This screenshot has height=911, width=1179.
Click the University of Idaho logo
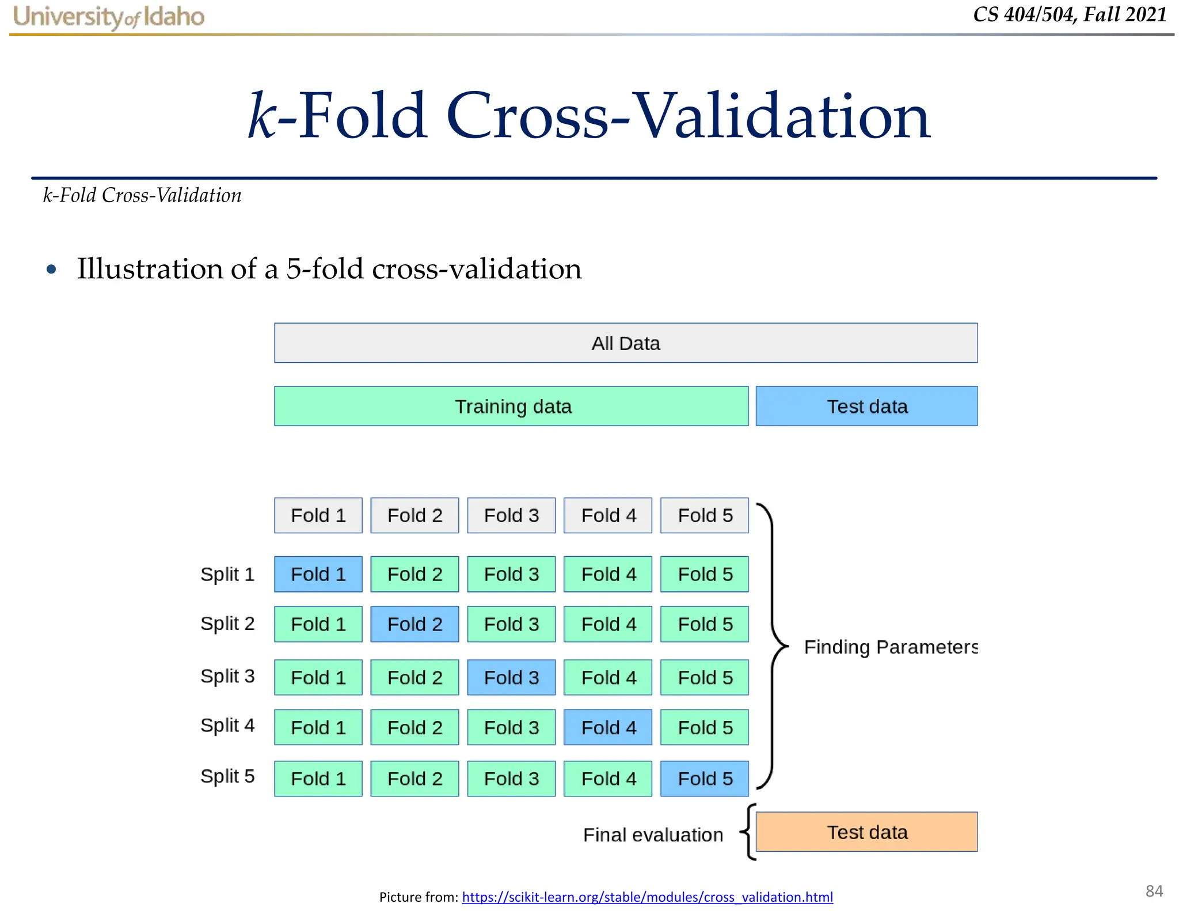pyautogui.click(x=109, y=17)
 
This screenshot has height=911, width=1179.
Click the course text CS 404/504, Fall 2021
pyautogui.click(x=1070, y=15)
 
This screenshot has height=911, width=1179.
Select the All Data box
pyautogui.click(x=625, y=343)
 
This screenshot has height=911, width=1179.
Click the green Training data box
pyautogui.click(x=511, y=407)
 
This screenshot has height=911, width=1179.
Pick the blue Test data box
pyautogui.click(x=866, y=407)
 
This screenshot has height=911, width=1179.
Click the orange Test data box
pyautogui.click(x=866, y=832)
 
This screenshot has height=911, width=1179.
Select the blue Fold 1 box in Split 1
pyautogui.click(x=318, y=574)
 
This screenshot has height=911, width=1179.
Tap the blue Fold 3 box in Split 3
pyautogui.click(x=511, y=677)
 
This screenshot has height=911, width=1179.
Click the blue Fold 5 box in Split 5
pyautogui.click(x=705, y=779)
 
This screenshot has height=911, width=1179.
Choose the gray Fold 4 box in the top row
pyautogui.click(x=608, y=515)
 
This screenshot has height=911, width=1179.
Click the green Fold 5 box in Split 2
pyautogui.click(x=705, y=624)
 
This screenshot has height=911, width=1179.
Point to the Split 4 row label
pyautogui.click(x=227, y=726)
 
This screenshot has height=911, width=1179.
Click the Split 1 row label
pyautogui.click(x=227, y=574)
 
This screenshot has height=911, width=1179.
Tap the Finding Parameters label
pyautogui.click(x=890, y=647)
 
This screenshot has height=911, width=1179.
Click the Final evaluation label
pyautogui.click(x=653, y=835)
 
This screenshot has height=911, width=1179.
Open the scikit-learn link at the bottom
pyautogui.click(x=647, y=897)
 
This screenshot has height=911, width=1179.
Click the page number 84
pyautogui.click(x=1154, y=891)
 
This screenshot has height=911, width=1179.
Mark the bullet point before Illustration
pyautogui.click(x=51, y=269)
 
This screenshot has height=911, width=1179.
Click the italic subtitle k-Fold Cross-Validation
pyautogui.click(x=142, y=196)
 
